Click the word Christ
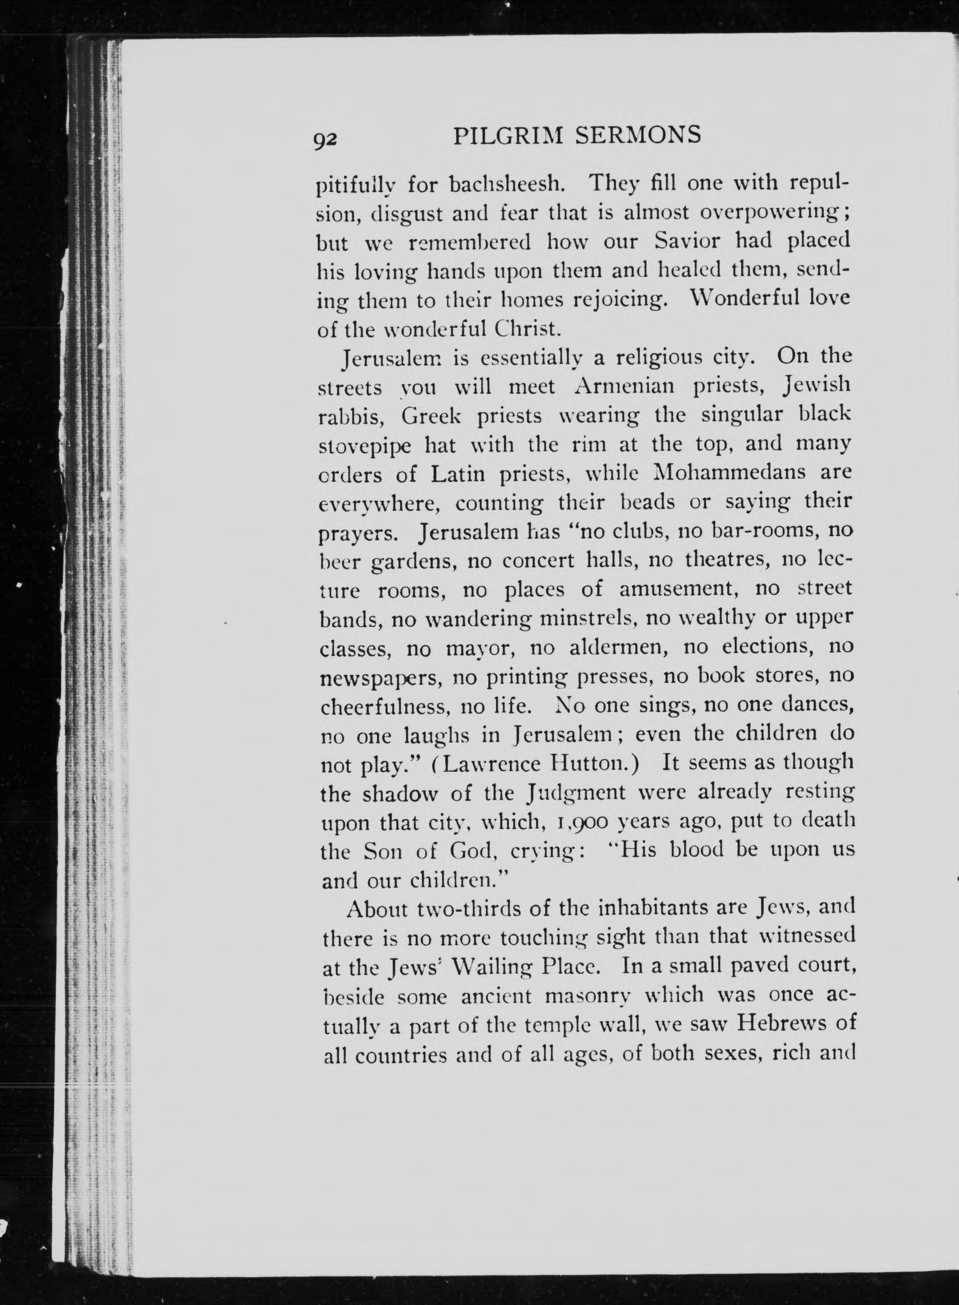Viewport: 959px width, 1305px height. [x=527, y=329]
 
